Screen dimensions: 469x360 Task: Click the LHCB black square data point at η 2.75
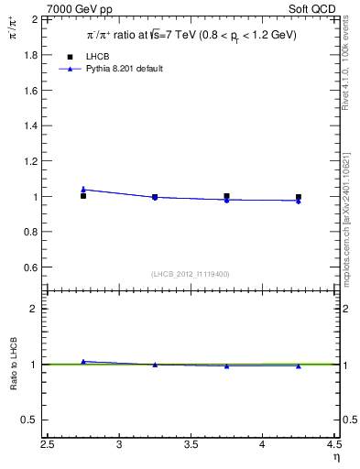pos(83,196)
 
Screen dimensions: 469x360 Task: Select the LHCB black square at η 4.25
pos(299,197)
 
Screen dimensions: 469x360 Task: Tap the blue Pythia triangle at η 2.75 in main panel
pos(83,189)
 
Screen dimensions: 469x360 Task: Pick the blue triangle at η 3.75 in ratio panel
pos(226,365)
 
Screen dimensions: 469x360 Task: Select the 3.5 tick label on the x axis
pos(191,445)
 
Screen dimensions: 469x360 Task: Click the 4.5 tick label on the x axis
pos(334,445)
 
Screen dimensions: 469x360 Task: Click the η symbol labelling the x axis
pos(336,458)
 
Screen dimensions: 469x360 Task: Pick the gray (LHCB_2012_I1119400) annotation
pos(191,274)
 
